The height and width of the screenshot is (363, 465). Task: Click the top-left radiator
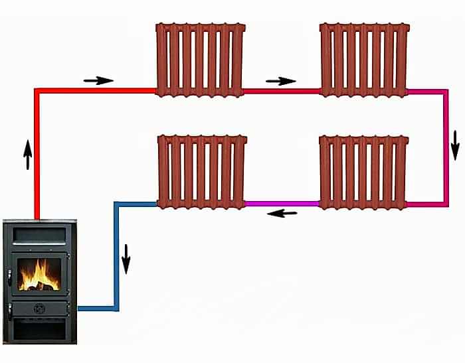200,60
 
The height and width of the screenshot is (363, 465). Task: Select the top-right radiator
363,60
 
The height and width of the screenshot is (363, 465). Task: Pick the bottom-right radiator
363,172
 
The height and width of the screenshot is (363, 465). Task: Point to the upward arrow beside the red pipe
27,154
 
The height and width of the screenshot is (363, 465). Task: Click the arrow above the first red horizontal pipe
98,80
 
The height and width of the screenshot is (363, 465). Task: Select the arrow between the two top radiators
281,81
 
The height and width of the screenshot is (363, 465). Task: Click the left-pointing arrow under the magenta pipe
282,214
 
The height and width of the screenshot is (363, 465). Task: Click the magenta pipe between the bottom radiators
282,204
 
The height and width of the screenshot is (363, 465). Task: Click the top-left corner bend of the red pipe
37,92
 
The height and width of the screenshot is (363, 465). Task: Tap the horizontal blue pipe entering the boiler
96,308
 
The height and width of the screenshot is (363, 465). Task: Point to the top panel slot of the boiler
39,234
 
